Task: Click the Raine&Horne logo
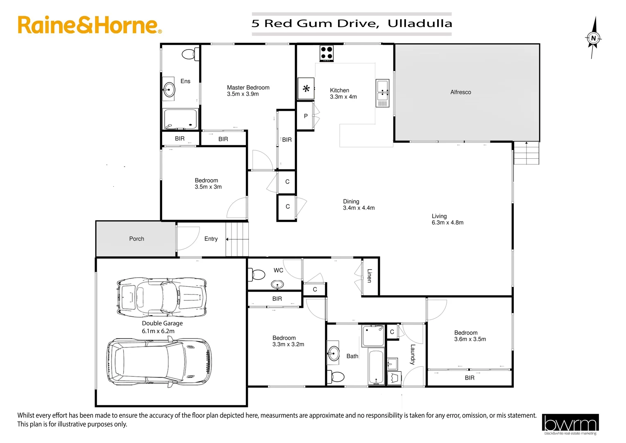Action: pos(90,25)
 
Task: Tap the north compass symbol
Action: pos(593,38)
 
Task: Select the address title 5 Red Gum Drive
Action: pos(352,23)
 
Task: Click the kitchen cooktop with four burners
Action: pos(327,53)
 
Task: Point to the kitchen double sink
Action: pos(382,93)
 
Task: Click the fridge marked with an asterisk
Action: pos(306,89)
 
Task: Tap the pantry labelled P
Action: pos(306,116)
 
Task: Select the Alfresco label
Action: pos(460,92)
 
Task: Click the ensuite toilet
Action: pos(190,54)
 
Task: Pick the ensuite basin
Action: pos(169,88)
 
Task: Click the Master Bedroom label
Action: pos(248,87)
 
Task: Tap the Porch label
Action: pos(136,239)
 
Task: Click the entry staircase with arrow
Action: pos(237,239)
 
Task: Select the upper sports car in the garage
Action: pos(161,296)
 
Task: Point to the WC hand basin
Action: pos(277,284)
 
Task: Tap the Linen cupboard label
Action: pos(369,276)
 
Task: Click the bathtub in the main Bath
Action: pos(376,366)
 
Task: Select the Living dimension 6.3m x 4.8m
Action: pos(447,223)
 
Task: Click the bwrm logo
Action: pos(570,424)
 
